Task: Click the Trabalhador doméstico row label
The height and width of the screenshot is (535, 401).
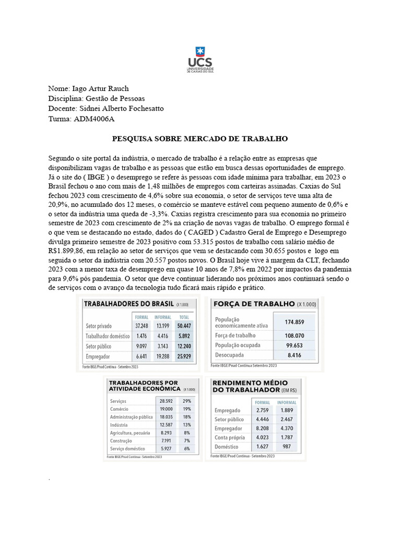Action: tap(108, 336)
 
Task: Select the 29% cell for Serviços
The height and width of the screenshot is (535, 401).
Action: tap(186, 401)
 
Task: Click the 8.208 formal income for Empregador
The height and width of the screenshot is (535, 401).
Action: tap(262, 428)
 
